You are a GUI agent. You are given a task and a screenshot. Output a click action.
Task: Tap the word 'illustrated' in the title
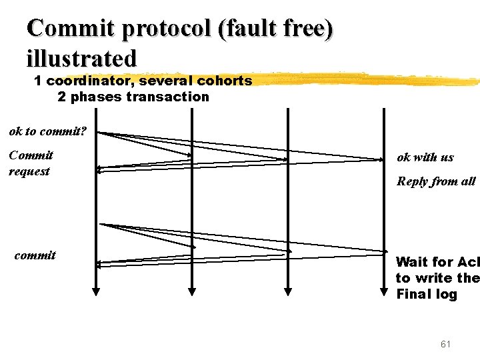click(81, 58)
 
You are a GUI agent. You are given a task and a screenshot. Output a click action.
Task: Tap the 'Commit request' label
click(31, 163)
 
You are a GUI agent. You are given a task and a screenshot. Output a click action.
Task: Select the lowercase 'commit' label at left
click(35, 255)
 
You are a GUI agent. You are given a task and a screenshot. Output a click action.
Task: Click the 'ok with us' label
click(425, 157)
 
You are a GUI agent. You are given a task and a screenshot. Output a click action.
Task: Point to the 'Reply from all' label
click(436, 181)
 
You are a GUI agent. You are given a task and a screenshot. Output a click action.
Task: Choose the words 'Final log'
click(427, 294)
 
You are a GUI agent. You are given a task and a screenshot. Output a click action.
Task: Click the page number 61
click(445, 344)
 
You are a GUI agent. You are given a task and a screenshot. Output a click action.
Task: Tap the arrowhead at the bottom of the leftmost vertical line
click(96, 291)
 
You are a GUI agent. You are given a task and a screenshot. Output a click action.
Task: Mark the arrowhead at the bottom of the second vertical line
click(192, 291)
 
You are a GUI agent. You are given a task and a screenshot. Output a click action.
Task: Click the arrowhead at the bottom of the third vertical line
click(288, 291)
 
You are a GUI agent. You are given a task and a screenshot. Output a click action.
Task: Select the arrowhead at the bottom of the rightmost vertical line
click(383, 291)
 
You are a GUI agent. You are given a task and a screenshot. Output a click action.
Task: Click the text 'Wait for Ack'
click(437, 262)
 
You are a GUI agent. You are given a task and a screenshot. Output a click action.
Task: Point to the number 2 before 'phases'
click(61, 97)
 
